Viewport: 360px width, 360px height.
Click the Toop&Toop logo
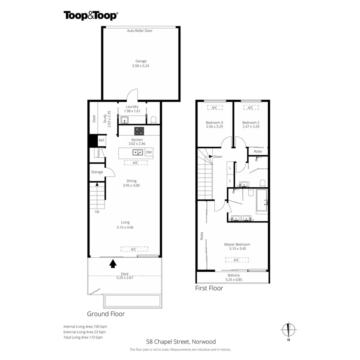coord(91,15)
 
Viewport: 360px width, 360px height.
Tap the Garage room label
coord(141,61)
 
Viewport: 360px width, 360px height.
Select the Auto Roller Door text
coord(140,31)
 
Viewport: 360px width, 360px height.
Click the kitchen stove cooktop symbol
coord(139,131)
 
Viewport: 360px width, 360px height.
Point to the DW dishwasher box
coord(149,153)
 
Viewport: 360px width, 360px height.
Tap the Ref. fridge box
coord(102,141)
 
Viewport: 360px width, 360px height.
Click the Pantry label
coord(99,153)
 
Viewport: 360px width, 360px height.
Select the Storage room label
coord(97,172)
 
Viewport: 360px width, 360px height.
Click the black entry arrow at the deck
coord(113,263)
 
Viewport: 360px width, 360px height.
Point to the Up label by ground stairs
coord(97,211)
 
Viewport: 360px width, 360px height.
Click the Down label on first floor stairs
coord(217,157)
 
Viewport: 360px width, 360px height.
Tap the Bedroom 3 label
coord(214,122)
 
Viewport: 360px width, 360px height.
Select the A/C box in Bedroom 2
coord(250,108)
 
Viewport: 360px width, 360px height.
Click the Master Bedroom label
coord(237,244)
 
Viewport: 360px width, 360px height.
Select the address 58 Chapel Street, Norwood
coord(181,341)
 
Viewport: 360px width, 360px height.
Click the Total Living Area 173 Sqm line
coord(83,337)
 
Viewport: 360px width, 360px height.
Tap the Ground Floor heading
coord(106,314)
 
